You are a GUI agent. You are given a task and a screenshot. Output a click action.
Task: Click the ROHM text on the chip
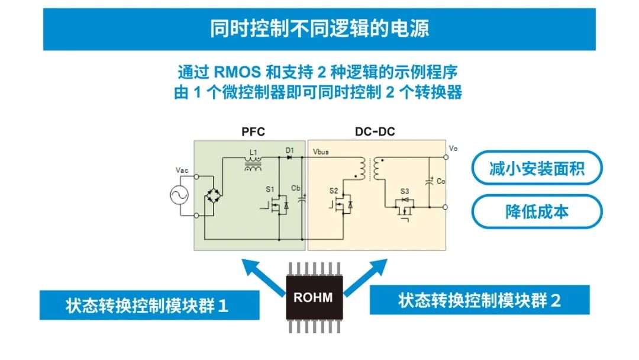313,298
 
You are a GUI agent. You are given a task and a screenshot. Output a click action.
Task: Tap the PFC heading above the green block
253,131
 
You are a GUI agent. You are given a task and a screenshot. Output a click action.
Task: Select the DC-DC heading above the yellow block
375,131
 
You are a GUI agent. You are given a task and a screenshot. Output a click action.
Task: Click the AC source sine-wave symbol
179,195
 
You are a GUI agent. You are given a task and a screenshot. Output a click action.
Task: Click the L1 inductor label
253,153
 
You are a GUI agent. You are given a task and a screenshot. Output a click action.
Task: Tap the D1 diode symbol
290,157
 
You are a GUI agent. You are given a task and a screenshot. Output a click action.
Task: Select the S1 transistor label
270,189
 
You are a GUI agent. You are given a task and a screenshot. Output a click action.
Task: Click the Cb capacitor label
295,188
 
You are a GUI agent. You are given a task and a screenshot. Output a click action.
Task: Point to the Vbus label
321,152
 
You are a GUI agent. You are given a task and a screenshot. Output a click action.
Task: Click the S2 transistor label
334,191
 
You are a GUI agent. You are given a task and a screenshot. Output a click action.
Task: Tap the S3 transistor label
404,191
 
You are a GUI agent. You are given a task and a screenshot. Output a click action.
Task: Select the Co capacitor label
441,181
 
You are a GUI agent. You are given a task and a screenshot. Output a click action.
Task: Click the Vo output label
453,149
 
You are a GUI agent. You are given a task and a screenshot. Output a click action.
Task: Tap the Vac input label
182,170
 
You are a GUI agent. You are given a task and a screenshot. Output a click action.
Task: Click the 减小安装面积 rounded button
537,168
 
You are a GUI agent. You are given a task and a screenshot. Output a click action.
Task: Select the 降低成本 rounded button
537,211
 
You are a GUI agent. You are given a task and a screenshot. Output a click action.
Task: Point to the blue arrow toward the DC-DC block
366,277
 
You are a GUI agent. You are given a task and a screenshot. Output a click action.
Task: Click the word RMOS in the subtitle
237,72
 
